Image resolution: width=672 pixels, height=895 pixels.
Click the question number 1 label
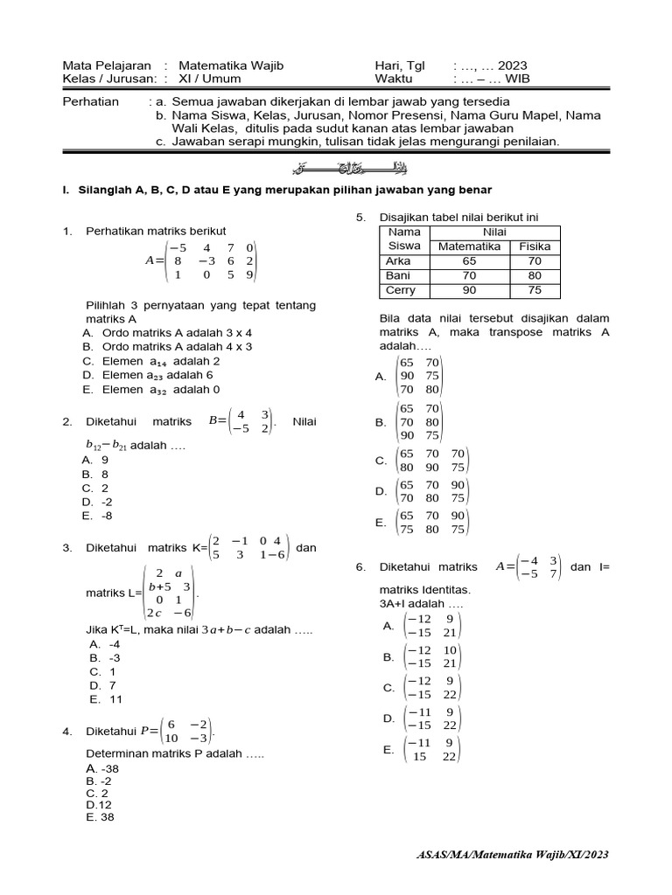(x=66, y=231)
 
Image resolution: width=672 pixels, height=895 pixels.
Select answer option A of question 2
(x=95, y=459)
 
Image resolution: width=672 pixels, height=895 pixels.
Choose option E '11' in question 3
(x=106, y=699)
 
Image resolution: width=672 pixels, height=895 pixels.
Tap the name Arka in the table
(x=398, y=260)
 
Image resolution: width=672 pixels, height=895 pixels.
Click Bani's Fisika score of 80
(x=535, y=275)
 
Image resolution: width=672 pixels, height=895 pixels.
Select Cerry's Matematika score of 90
(x=470, y=290)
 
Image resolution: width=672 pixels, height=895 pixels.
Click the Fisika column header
(x=535, y=246)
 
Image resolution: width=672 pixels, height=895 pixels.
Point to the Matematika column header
(x=470, y=246)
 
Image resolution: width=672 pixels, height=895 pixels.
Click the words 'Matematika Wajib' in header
(x=230, y=66)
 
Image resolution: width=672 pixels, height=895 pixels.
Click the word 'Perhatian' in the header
(x=90, y=101)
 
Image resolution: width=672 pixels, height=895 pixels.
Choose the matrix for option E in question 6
(x=431, y=749)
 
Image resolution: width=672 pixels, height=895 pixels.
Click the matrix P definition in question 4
(x=176, y=731)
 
